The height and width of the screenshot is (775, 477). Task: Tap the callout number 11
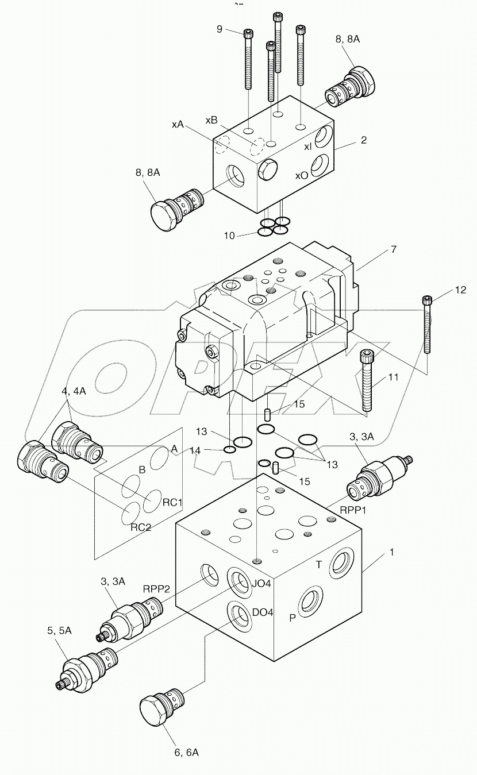click(x=393, y=377)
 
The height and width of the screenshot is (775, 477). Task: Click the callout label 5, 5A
click(x=60, y=630)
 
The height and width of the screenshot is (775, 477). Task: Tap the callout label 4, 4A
click(x=74, y=391)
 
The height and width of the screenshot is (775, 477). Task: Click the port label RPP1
click(x=353, y=510)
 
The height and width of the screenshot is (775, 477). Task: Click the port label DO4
click(x=262, y=612)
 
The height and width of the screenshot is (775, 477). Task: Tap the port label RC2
click(x=140, y=527)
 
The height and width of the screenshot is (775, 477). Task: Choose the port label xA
click(x=177, y=124)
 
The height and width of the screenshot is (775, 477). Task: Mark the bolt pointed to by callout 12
click(x=427, y=325)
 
